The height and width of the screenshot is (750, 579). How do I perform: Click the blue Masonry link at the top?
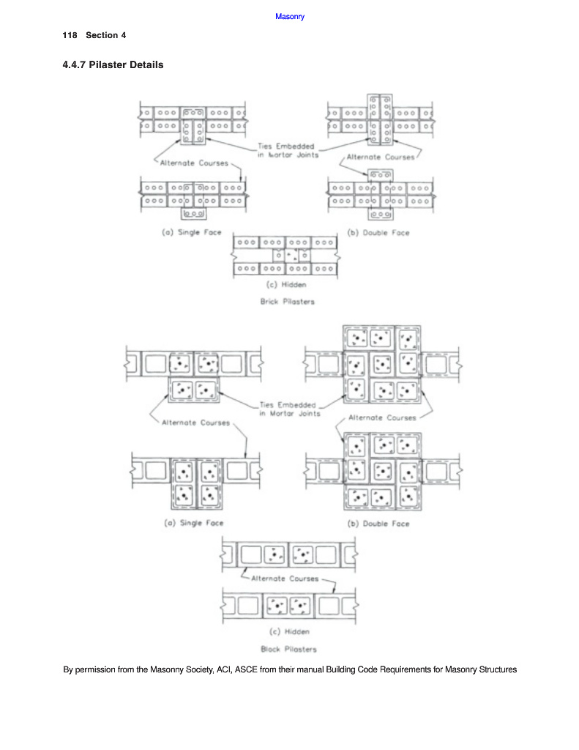point(290,17)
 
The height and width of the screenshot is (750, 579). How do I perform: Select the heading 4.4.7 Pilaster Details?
point(113,65)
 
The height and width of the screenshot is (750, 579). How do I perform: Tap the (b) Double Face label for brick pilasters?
point(378,233)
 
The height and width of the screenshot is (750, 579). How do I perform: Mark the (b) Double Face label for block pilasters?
point(378,524)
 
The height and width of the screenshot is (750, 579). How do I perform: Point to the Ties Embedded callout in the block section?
point(288,409)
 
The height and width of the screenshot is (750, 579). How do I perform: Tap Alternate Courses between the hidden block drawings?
point(285,578)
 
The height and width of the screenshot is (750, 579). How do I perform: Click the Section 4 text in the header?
point(106,36)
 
